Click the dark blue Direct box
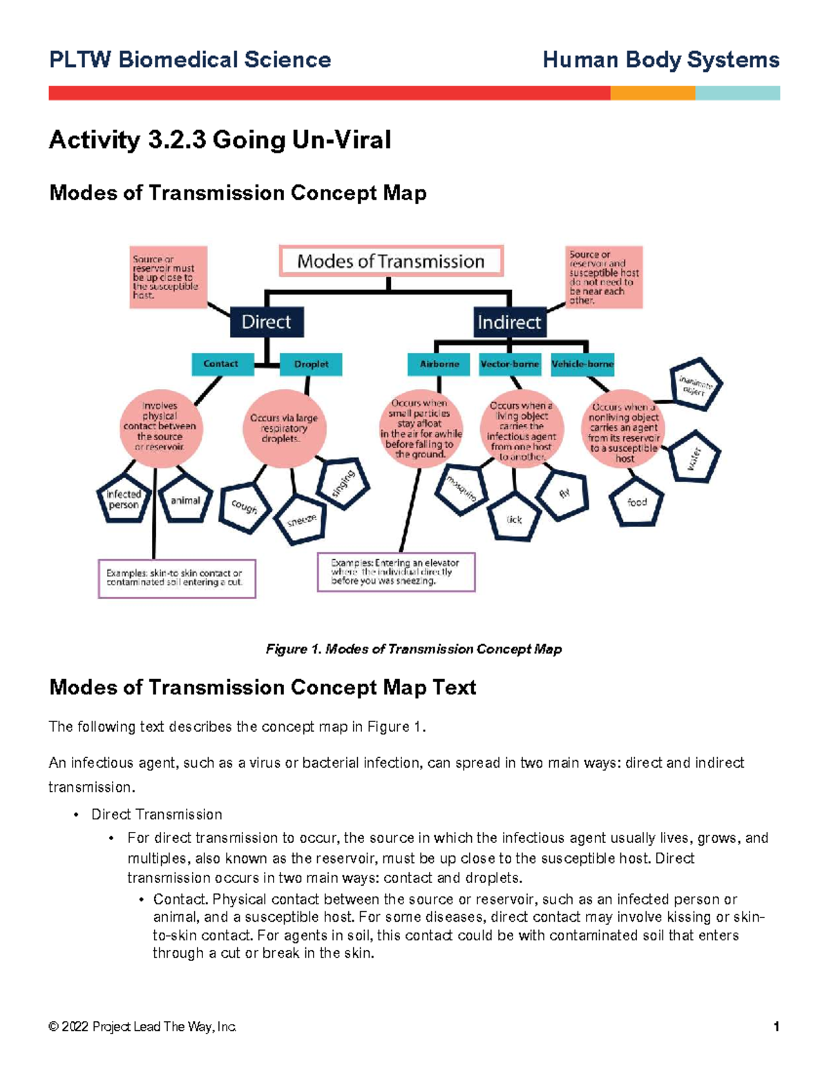[x=266, y=322]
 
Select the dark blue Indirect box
[x=509, y=322]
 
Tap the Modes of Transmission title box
[x=391, y=261]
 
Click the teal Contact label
[x=221, y=363]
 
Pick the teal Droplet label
[x=311, y=364]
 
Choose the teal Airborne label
[x=439, y=364]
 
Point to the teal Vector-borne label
[x=510, y=364]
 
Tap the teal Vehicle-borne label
[x=582, y=364]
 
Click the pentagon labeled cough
[x=245, y=507]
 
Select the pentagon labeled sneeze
[x=301, y=520]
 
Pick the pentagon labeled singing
[x=343, y=484]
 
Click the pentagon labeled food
[x=636, y=502]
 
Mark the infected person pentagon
[x=124, y=500]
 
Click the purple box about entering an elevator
[x=396, y=572]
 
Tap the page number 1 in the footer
[x=776, y=1027]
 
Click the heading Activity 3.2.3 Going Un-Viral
[x=220, y=140]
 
